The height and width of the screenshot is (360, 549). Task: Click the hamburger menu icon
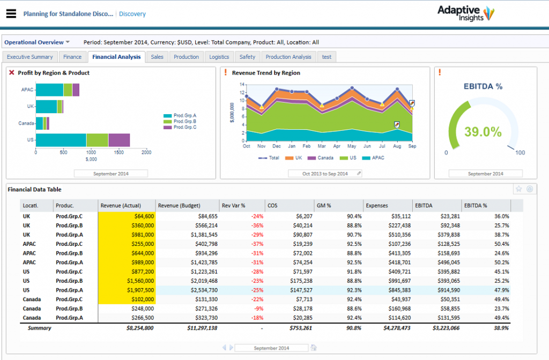coord(11,14)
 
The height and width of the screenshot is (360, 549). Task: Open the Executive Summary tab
coord(30,57)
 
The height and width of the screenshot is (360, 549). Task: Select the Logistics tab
coord(219,57)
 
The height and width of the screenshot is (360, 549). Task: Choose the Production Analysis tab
coord(288,57)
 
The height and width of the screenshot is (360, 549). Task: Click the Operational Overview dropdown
coord(37,42)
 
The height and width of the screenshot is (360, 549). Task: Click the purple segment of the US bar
coord(119,140)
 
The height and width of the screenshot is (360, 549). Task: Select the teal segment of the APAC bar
coord(49,90)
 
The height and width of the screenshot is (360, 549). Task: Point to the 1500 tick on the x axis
coord(119,153)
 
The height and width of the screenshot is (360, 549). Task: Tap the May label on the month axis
coord(351,146)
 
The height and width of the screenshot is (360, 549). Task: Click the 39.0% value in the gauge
coord(483,132)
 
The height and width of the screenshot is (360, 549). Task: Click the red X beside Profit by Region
coord(12,73)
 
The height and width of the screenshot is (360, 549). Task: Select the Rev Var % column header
coord(233,206)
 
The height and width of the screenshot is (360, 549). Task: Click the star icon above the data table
coord(518,189)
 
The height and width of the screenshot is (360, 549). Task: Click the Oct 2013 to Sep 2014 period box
coord(322,174)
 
